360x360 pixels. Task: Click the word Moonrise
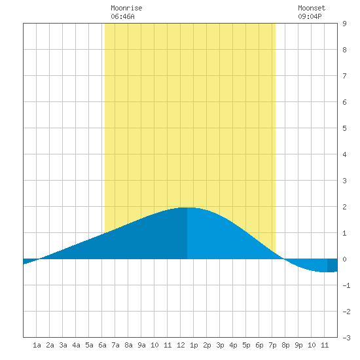pos(126,8)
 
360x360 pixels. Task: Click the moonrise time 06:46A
pos(122,16)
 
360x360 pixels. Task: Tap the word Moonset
pos(312,8)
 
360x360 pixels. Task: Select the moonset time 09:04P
pos(310,16)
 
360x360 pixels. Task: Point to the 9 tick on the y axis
pos(344,24)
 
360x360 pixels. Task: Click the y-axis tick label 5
pos(344,128)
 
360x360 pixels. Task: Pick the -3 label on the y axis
pos(346,338)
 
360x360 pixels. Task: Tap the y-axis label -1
pos(346,285)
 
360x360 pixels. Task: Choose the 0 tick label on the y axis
pos(344,259)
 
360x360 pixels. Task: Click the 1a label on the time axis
pos(37,345)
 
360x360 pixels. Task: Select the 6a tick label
pos(102,345)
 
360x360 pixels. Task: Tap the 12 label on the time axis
pos(181,345)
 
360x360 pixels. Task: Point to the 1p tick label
pos(194,345)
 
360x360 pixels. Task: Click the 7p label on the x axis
pos(272,345)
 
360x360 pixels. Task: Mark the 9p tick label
pos(298,345)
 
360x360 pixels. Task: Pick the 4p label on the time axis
pos(233,345)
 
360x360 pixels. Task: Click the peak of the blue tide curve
pos(187,207)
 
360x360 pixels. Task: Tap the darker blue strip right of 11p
pos(333,265)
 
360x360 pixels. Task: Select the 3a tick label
pos(63,345)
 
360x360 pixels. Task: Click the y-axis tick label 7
pos(344,76)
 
